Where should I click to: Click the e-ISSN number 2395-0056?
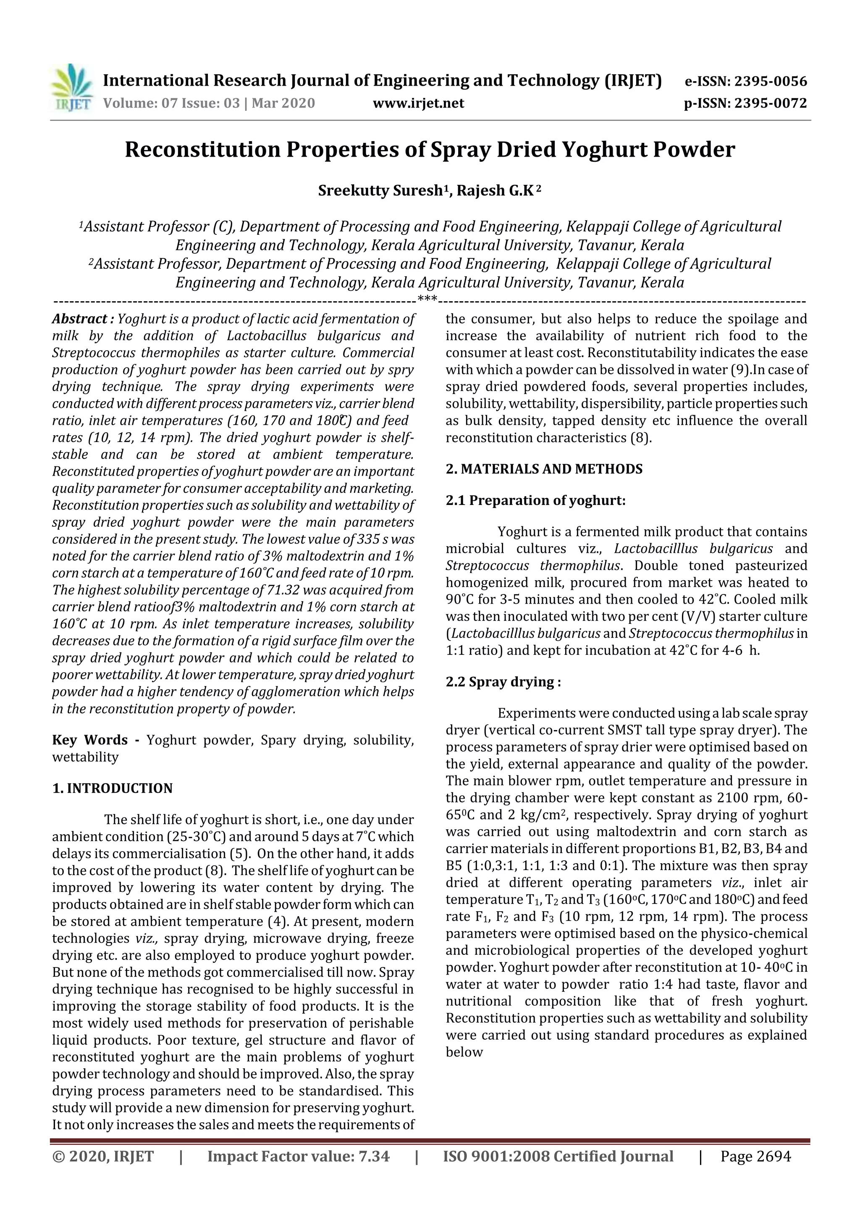(x=769, y=81)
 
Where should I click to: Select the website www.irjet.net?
(x=418, y=103)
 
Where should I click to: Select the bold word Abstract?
(x=79, y=319)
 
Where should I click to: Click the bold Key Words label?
(x=90, y=740)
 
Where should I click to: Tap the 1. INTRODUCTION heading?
(x=113, y=788)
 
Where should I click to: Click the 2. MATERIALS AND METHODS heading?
(x=544, y=469)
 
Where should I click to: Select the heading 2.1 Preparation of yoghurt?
(x=535, y=500)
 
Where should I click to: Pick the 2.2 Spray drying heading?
(x=503, y=682)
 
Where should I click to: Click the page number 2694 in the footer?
(x=773, y=1156)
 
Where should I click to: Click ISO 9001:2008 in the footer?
(x=498, y=1156)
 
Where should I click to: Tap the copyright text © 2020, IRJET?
(x=103, y=1156)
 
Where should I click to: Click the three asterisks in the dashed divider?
(x=427, y=300)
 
